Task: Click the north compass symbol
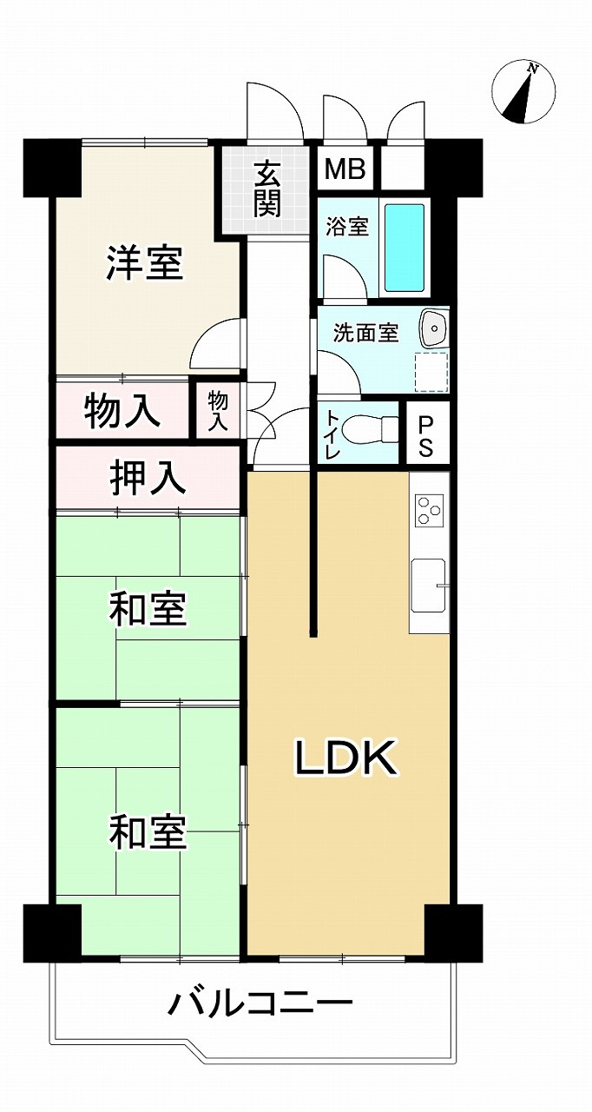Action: click(x=523, y=92)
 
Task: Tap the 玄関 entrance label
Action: click(x=268, y=190)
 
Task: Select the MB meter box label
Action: click(x=345, y=169)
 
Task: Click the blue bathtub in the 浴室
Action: click(x=405, y=248)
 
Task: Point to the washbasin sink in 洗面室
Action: click(x=434, y=328)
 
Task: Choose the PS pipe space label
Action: click(x=426, y=436)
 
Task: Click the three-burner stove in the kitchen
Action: click(x=429, y=510)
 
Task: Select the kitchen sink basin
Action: click(x=429, y=586)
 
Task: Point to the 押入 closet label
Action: click(x=148, y=479)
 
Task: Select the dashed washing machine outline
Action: click(x=431, y=372)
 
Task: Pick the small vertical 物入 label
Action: click(x=218, y=409)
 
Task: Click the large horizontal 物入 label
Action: click(x=122, y=411)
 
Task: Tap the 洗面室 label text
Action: click(x=366, y=333)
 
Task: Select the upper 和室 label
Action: click(x=148, y=608)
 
